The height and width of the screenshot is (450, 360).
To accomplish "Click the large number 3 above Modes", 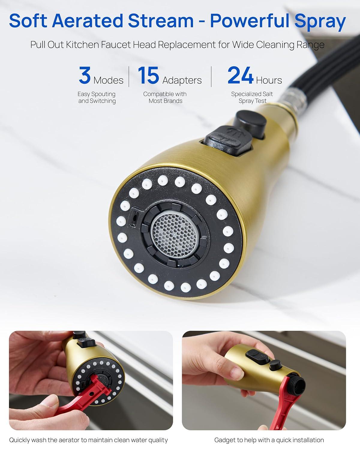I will pos(85,75).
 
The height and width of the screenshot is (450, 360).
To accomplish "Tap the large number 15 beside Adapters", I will pos(148,75).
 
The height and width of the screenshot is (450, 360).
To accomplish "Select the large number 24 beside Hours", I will pos(240,75).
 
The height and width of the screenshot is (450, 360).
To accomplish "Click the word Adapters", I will pos(182,80).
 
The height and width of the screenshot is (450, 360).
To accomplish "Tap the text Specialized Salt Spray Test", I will pos(252,97).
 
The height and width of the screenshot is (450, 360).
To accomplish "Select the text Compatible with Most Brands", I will pos(165,97).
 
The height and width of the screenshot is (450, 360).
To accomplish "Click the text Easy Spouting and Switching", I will pos(97,97).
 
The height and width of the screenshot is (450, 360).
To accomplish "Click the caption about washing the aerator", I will pos(88,440).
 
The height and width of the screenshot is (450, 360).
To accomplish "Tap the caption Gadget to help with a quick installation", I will pos(269,440).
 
